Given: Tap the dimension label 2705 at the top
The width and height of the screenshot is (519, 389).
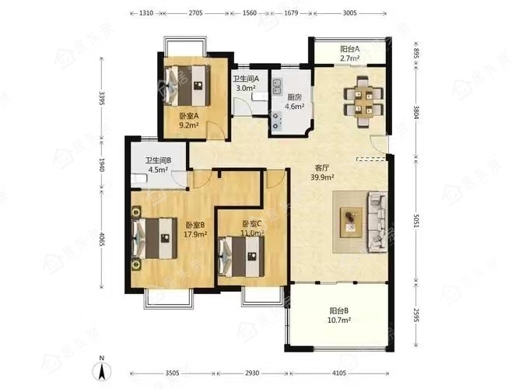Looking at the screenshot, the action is click(195, 13).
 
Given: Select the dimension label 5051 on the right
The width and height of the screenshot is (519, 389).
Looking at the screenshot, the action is click(417, 221).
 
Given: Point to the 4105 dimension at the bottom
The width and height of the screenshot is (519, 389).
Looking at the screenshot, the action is click(339, 373).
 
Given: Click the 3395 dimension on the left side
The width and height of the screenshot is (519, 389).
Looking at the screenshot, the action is click(102, 98).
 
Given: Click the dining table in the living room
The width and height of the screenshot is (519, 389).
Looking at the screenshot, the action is click(363, 100).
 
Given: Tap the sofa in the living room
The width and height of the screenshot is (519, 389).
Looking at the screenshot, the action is click(377, 222).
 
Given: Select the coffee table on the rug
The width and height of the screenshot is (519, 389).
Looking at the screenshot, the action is click(351, 223).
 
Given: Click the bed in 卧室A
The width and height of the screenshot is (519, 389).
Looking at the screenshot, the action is click(188, 85).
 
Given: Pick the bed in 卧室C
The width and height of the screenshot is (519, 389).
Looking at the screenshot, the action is click(241, 256).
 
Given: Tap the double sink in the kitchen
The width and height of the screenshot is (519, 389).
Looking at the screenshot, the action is click(277, 86).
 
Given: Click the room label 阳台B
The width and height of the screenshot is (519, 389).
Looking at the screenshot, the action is click(339, 311).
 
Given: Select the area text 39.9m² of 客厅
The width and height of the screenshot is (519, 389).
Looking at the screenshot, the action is click(322, 177).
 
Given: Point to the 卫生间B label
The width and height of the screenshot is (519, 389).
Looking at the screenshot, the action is click(158, 160).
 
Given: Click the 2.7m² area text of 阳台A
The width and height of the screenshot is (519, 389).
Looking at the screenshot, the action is click(350, 58).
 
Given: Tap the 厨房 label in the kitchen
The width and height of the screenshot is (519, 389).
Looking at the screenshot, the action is click(294, 97).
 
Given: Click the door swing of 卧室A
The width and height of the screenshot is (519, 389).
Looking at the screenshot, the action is click(216, 129).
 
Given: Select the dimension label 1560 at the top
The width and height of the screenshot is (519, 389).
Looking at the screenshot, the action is click(249, 13).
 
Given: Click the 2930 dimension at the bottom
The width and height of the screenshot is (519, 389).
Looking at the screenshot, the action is click(252, 373).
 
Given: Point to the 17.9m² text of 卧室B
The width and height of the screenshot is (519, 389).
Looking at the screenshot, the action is click(195, 234).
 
